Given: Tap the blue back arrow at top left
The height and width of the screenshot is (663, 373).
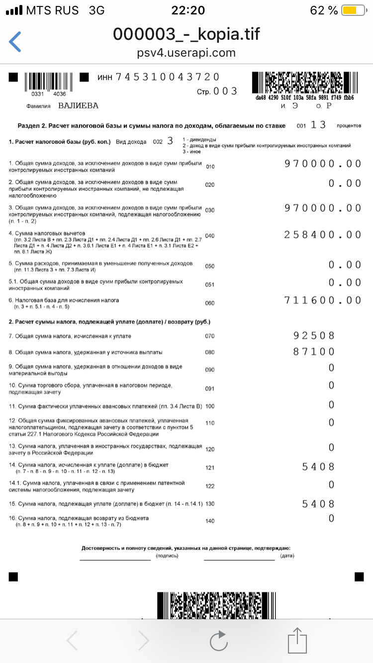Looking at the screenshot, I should pyautogui.click(x=15, y=42).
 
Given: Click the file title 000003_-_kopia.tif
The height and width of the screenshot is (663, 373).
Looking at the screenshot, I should pyautogui.click(x=186, y=34).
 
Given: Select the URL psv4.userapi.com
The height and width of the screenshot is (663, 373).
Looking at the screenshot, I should pyautogui.click(x=186, y=53).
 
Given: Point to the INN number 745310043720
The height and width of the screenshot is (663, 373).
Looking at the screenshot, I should pyautogui.click(x=167, y=77).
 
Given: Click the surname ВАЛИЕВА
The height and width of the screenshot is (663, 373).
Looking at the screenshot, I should pyautogui.click(x=78, y=106).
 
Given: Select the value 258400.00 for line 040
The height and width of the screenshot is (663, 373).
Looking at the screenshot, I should pyautogui.click(x=323, y=235).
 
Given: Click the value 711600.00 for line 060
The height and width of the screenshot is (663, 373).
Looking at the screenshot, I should pyautogui.click(x=323, y=300).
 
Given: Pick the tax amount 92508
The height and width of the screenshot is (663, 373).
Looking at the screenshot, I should pyautogui.click(x=314, y=335).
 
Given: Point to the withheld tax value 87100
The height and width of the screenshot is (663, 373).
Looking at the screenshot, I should pyautogui.click(x=314, y=351).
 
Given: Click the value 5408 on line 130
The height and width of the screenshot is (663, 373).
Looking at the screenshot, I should pyautogui.click(x=318, y=504).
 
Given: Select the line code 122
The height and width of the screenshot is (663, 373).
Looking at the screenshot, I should pyautogui.click(x=209, y=486).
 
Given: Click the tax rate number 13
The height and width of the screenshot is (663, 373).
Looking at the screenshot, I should pyautogui.click(x=318, y=125).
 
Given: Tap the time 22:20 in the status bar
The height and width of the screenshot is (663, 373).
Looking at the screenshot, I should pyautogui.click(x=187, y=10).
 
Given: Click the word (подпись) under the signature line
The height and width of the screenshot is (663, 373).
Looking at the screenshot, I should pyautogui.click(x=167, y=556).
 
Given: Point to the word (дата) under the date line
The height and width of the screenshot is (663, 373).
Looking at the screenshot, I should pyautogui.click(x=287, y=556).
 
